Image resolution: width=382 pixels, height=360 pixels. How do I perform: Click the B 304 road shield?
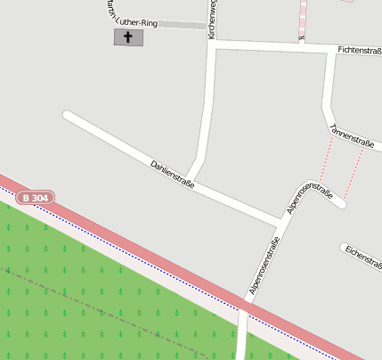point(37,197)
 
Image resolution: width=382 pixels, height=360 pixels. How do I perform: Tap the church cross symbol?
point(128,37)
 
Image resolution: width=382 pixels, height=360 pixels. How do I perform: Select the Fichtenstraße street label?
point(359,51)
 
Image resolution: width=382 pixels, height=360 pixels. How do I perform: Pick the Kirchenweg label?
point(212,18)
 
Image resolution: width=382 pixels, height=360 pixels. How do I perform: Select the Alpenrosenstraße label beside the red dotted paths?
point(310,202)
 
